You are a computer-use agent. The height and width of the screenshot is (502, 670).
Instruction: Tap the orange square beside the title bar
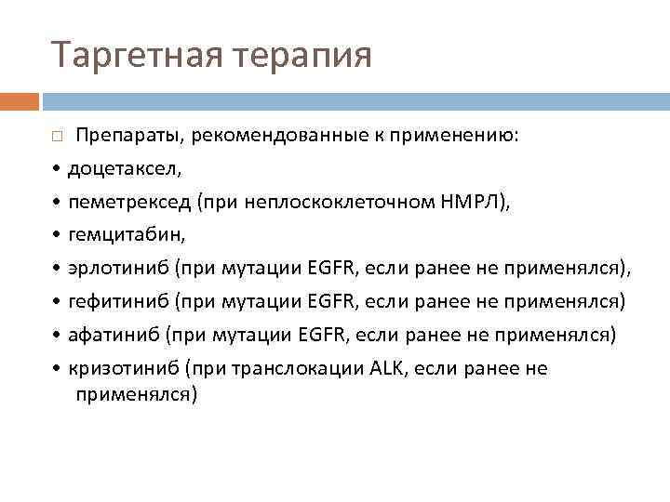point(19,99)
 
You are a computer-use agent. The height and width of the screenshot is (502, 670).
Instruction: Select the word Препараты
point(126,136)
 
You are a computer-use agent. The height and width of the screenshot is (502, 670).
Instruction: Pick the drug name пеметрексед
point(129,202)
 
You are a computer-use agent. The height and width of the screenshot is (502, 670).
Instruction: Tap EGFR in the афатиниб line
point(323,335)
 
